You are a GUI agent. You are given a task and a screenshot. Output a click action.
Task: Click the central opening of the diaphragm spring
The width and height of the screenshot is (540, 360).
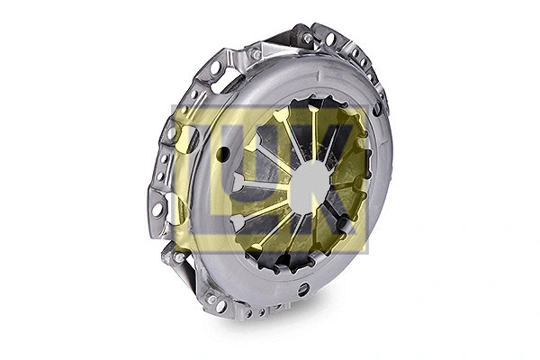(309, 184)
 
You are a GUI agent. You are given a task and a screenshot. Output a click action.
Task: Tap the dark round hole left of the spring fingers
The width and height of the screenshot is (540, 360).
(222, 154)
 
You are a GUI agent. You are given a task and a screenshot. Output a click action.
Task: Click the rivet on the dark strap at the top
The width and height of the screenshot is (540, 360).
(308, 38)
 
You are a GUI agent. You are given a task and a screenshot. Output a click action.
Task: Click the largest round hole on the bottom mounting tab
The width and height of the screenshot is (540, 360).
(220, 306)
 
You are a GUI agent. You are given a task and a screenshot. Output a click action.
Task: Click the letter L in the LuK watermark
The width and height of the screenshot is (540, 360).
(209, 180)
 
